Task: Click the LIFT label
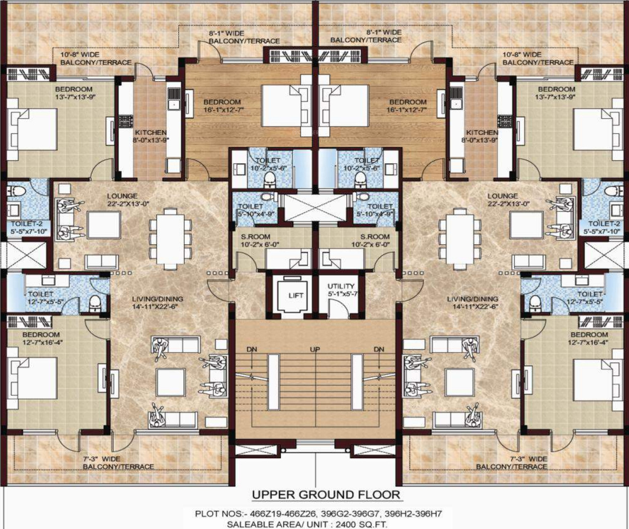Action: pos(296,295)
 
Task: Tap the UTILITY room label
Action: pos(341,286)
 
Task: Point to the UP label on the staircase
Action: pos(315,350)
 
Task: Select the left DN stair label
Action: pos(252,350)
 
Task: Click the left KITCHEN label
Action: pos(150,132)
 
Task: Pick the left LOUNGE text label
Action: pos(122,196)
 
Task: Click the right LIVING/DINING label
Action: pos(473,299)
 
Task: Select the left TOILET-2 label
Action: pos(27,224)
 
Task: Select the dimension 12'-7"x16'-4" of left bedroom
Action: pos(44,342)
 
